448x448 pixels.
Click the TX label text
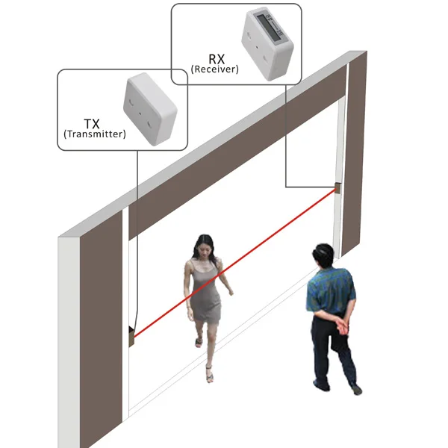coord(93,122)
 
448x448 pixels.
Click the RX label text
coord(215,57)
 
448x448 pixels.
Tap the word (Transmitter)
coord(93,134)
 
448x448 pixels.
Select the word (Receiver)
coord(214,69)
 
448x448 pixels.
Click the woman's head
coord(204,246)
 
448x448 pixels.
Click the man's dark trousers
coord(332,355)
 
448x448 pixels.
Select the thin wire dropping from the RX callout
coord(286,134)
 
